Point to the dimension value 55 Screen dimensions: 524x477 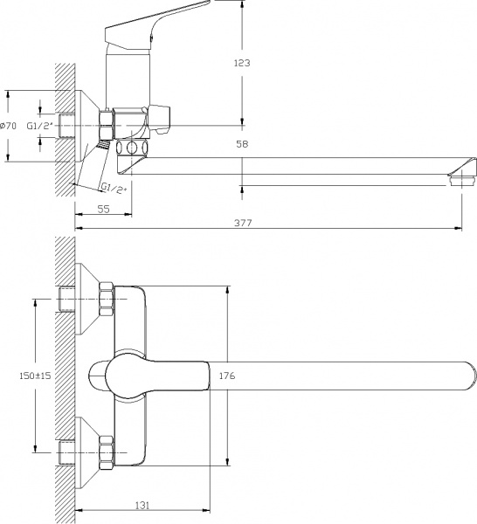coord(103,210)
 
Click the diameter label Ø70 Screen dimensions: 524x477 coord(8,126)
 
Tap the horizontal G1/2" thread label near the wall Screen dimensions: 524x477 coord(39,126)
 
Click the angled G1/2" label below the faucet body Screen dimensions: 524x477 coord(114,188)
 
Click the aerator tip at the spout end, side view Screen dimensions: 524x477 coord(460,181)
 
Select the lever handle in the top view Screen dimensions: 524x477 coord(153,376)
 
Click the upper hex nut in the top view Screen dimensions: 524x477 coord(107,298)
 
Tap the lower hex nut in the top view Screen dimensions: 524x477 coord(107,453)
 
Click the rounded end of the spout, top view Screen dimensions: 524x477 coord(467,376)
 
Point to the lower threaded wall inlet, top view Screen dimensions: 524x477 coord(69,453)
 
